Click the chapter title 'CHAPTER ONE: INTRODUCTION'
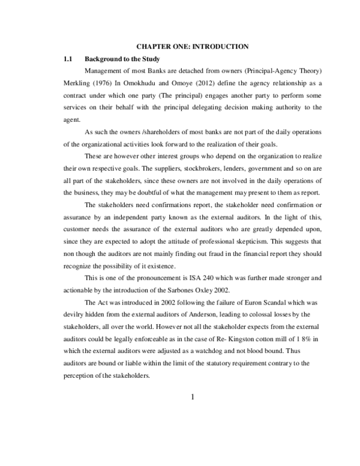click(193, 46)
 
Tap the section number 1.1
click(68, 59)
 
